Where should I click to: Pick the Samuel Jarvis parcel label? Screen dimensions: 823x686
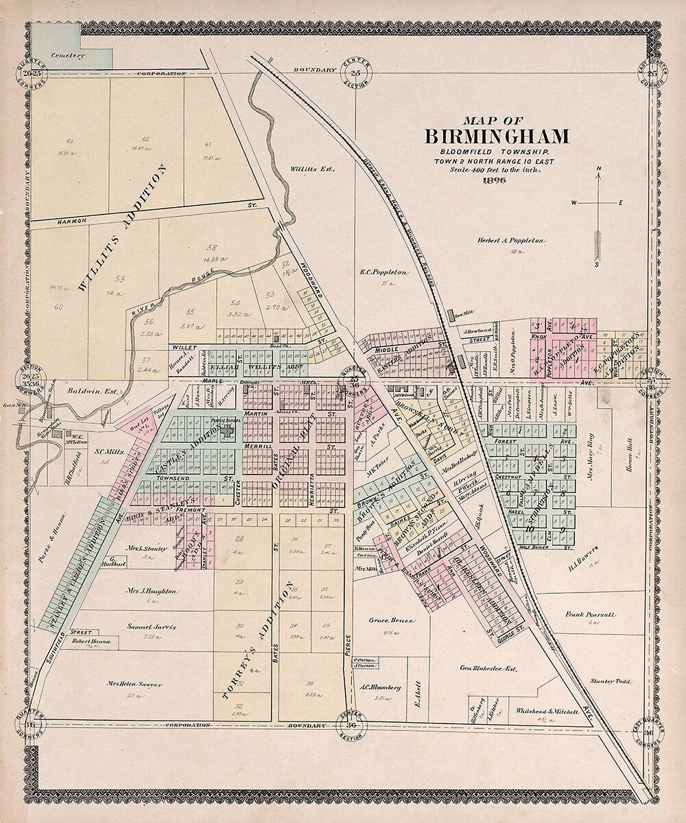[x=152, y=626]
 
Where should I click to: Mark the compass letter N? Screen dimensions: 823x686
[x=598, y=169]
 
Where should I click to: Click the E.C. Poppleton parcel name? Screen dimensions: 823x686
[x=383, y=272]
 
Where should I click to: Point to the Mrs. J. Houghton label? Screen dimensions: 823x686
[x=152, y=591]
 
